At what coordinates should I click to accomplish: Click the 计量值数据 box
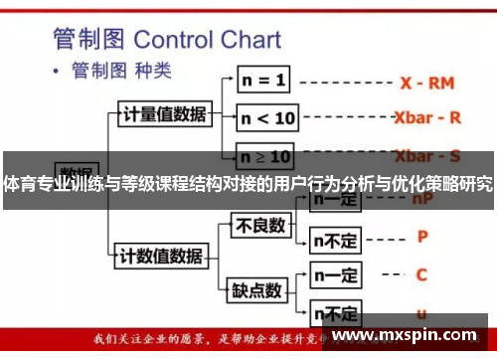(164, 113)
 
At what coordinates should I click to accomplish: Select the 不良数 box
(259, 227)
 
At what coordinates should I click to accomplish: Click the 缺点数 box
(256, 290)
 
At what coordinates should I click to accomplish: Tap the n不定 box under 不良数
(336, 240)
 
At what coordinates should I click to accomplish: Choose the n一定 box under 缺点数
(336, 273)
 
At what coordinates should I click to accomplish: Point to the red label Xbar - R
(427, 117)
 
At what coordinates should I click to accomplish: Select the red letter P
(422, 237)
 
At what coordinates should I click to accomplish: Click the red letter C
(421, 273)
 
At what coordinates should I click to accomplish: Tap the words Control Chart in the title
(207, 40)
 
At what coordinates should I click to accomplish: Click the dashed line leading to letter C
(388, 274)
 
